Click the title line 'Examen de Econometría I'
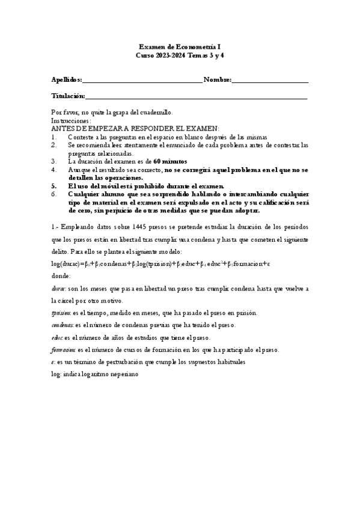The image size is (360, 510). pyautogui.click(x=180, y=46)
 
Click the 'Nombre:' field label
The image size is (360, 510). pyautogui.click(x=217, y=79)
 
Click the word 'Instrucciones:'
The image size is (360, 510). pyautogui.click(x=71, y=120)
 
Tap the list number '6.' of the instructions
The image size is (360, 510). pyautogui.click(x=54, y=194)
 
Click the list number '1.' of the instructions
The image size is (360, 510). pyautogui.click(x=54, y=137)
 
